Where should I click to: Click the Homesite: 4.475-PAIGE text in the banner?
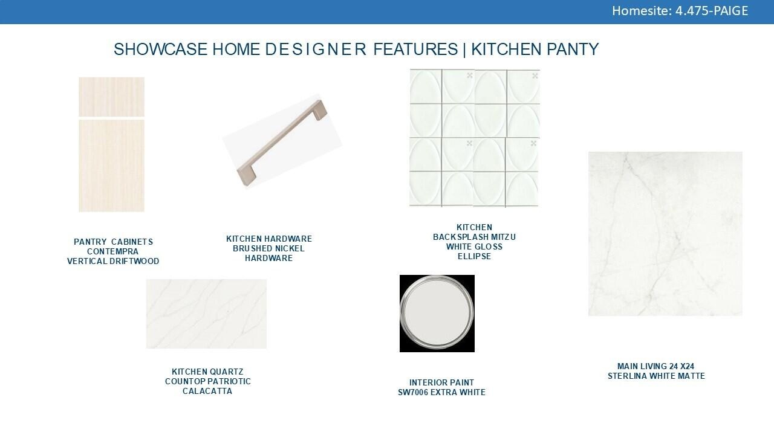tap(680, 11)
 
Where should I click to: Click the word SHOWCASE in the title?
tap(160, 49)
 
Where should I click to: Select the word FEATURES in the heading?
tap(415, 49)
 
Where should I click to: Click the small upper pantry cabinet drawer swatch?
tap(112, 97)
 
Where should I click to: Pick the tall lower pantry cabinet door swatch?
tap(112, 166)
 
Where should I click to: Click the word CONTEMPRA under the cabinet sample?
tap(112, 252)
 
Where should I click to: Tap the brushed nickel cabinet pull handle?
tap(282, 141)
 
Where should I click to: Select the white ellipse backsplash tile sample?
tap(475, 138)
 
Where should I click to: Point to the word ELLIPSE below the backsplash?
tap(475, 257)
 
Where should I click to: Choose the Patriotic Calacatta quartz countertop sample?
tap(206, 314)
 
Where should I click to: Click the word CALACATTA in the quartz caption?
tap(207, 391)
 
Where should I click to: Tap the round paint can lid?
tap(437, 314)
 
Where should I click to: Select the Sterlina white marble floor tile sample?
tap(666, 234)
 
